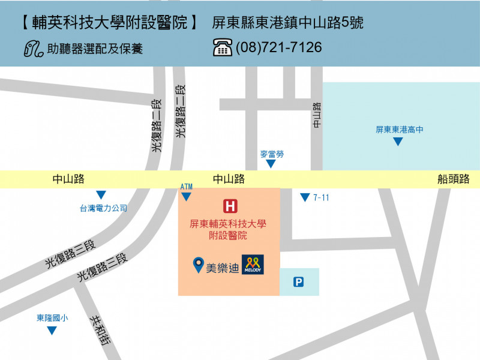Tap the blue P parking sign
click(298, 282)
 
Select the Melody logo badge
click(253, 265)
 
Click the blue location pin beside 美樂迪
click(197, 265)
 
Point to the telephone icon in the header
click(222, 47)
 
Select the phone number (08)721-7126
click(278, 47)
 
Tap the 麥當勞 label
click(271, 154)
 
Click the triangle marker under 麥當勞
click(271, 164)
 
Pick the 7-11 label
click(321, 197)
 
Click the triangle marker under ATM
click(186, 197)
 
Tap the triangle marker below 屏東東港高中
click(397, 142)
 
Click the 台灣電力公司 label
click(104, 208)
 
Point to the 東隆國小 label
click(52, 319)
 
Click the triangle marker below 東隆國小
click(52, 330)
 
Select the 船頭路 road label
click(454, 179)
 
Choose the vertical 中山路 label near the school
click(317, 114)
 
